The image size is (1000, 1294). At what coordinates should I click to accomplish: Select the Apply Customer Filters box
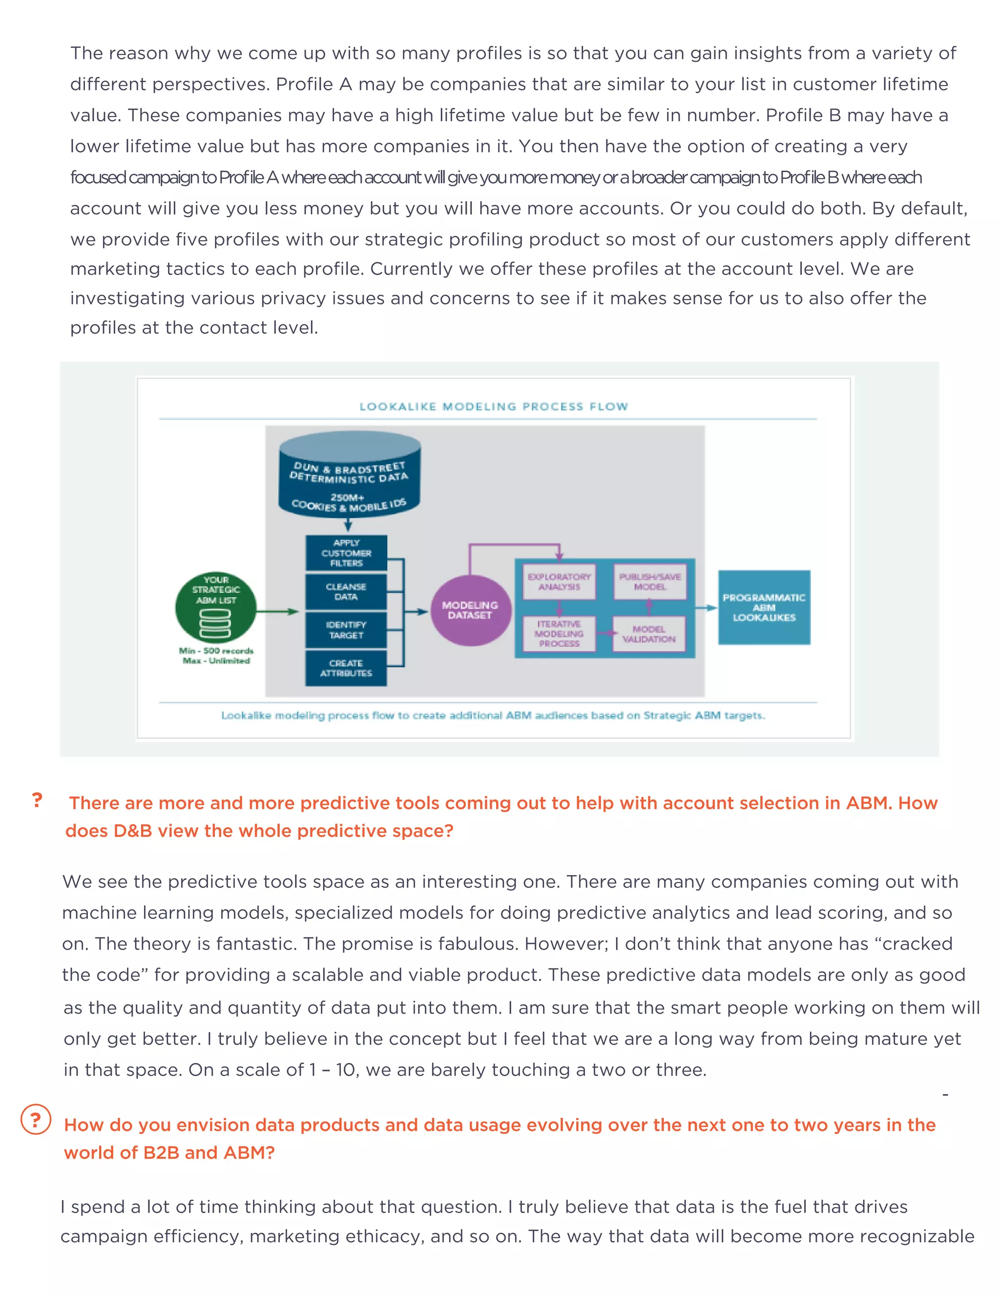pyautogui.click(x=346, y=553)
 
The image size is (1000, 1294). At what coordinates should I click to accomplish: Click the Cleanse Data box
pyautogui.click(x=346, y=591)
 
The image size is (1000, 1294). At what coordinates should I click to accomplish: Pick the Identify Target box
pyautogui.click(x=346, y=630)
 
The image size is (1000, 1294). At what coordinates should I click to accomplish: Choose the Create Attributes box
pyautogui.click(x=346, y=668)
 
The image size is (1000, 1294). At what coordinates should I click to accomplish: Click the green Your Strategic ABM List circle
pyautogui.click(x=216, y=607)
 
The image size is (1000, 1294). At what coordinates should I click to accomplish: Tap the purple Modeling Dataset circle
pyautogui.click(x=470, y=610)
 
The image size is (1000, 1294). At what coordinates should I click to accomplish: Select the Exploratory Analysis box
pyautogui.click(x=559, y=581)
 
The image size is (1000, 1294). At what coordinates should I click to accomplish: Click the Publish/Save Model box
pyautogui.click(x=650, y=581)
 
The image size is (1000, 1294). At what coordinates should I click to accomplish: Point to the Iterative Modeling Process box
pyautogui.click(x=559, y=633)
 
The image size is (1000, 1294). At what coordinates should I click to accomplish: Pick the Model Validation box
pyautogui.click(x=649, y=634)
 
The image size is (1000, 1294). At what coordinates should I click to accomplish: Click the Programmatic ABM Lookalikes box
pyautogui.click(x=764, y=607)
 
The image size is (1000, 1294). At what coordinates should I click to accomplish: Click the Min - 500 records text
pyautogui.click(x=216, y=650)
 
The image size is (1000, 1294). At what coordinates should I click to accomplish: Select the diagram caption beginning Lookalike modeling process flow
pyautogui.click(x=493, y=715)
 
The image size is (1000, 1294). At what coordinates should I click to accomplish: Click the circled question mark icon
pyautogui.click(x=36, y=1119)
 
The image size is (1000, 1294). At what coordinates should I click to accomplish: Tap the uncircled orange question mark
pyautogui.click(x=37, y=800)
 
